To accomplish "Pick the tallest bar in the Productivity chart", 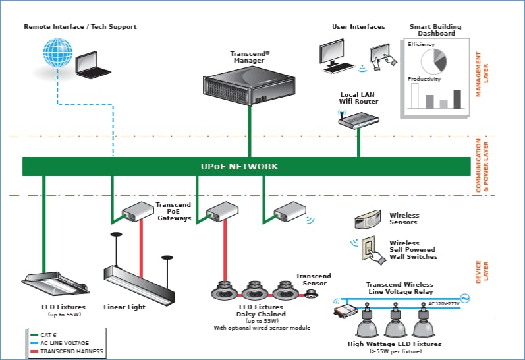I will [457, 98].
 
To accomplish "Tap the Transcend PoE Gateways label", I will [173, 212].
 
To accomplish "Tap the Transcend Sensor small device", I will [310, 294].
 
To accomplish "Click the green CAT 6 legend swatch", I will [33, 335].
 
